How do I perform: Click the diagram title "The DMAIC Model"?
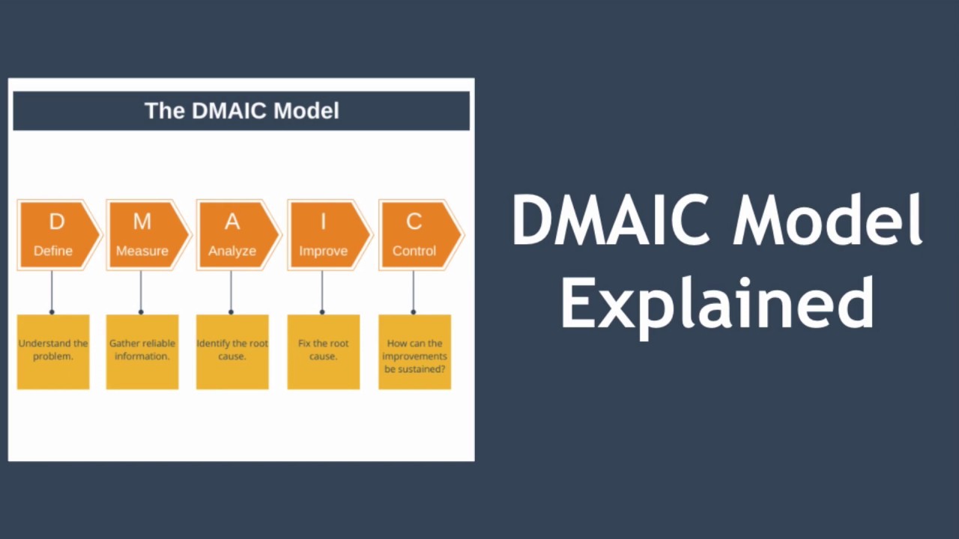(241, 111)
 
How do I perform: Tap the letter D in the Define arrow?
(56, 222)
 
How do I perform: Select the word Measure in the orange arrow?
(142, 251)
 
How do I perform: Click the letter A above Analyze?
(232, 222)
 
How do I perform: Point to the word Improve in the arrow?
(323, 251)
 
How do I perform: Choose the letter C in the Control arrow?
(414, 222)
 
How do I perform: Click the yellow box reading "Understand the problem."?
(53, 351)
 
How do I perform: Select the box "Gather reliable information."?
(142, 351)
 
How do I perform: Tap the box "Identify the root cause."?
(232, 351)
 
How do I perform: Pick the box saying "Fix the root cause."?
(323, 351)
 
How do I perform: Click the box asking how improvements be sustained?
(414, 351)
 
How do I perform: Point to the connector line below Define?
(52, 291)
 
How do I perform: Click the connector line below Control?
(414, 291)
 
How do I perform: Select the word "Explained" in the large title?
(717, 303)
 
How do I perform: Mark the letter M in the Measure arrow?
(142, 222)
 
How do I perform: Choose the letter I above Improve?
(323, 222)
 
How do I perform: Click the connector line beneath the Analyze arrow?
(231, 291)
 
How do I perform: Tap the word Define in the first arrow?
(53, 251)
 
